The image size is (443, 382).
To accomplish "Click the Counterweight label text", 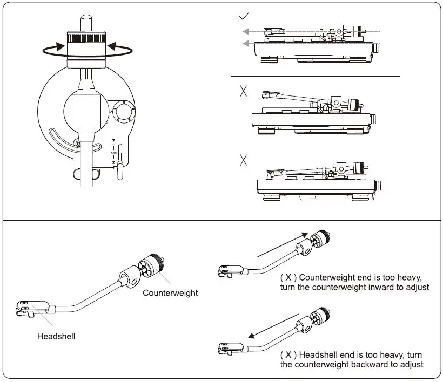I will point(170,293).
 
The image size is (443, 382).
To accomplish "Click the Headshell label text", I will point(56,336).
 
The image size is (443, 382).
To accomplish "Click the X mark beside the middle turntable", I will point(243,91).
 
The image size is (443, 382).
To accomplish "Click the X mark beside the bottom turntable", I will point(243,160).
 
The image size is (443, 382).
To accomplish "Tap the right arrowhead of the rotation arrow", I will point(111,47).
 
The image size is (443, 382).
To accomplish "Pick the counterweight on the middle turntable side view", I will point(354,105).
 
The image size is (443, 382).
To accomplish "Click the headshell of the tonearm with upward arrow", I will point(226,270).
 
